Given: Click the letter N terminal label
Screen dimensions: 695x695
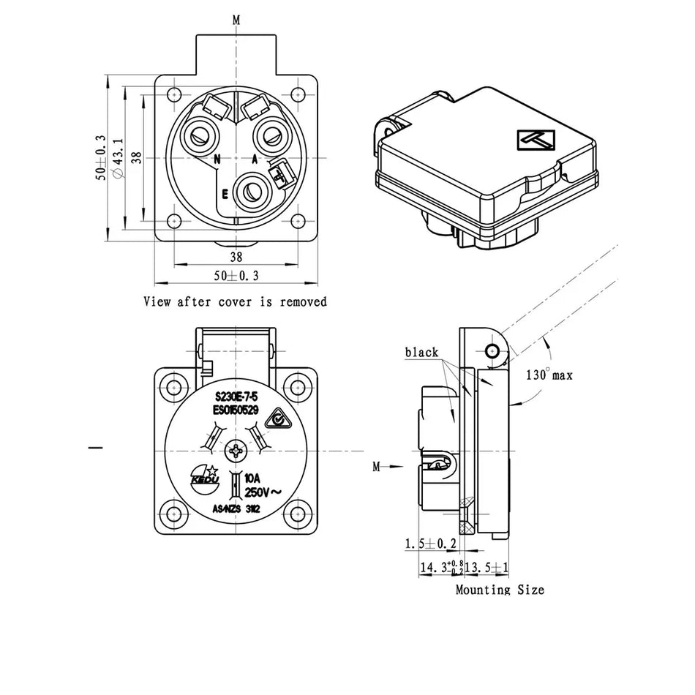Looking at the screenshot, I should point(217,159).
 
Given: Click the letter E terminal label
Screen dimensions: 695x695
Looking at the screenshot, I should point(225,194).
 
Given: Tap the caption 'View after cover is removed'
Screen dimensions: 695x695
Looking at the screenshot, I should point(235,301).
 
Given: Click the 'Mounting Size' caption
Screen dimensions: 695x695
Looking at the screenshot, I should point(500,590).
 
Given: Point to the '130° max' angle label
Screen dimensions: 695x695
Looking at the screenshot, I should point(549,375).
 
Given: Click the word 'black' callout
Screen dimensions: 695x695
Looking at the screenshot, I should point(421,353).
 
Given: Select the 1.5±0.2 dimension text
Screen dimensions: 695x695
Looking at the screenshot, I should point(431,544).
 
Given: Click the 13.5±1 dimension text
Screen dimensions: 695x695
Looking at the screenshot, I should point(487,567).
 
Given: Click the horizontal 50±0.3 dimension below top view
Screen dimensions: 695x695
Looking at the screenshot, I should point(236,276).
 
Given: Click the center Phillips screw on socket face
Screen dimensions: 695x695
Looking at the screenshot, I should point(236,451).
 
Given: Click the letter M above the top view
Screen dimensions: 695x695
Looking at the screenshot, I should point(236,20).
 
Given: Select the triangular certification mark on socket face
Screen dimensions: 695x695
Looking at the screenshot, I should point(274,418).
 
